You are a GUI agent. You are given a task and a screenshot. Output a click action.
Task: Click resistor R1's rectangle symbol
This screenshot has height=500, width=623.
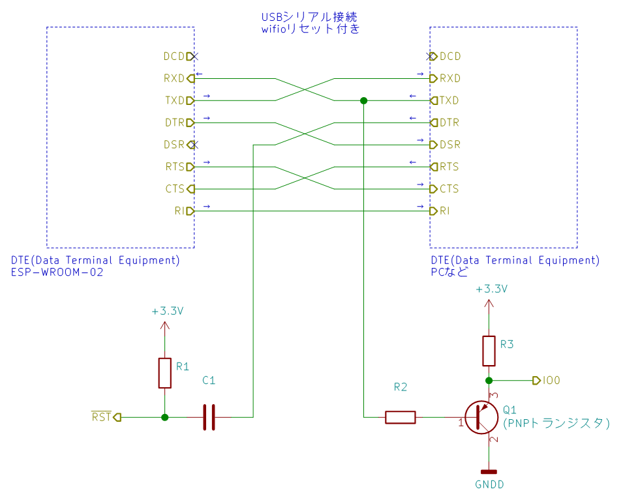pos(165,373)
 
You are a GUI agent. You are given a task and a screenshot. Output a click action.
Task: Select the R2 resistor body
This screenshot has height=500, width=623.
pos(400,417)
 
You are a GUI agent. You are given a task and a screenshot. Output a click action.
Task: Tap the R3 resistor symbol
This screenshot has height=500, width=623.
pos(489,351)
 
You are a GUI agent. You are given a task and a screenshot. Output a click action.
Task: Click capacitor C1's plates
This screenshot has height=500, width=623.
pos(209,417)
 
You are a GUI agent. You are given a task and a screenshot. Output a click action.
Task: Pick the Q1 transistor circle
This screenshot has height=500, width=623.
pos(481,417)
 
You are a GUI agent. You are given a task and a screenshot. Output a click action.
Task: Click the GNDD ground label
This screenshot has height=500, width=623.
pos(489,484)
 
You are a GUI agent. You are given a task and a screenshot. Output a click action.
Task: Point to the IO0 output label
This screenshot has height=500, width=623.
pos(551,381)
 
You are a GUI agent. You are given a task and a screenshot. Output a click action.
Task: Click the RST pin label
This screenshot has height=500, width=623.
pos(101,417)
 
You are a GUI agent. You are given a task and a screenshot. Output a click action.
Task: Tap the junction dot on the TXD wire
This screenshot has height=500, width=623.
pos(363,100)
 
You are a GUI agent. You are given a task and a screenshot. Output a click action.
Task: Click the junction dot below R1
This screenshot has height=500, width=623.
pos(165,417)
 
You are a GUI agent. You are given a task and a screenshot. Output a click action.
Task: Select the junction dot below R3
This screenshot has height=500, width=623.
pos(489,381)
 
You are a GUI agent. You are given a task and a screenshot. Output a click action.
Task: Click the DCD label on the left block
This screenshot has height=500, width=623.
pos(174,57)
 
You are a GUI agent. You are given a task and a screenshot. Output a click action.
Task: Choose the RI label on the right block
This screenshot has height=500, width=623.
pos(445,211)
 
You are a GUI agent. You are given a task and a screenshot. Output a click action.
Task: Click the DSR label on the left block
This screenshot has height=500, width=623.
pos(174,145)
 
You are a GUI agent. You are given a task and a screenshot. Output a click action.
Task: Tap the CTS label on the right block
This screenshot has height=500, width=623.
pos(449,188)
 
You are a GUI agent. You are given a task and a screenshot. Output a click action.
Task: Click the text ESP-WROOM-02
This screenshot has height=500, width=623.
pos(57,272)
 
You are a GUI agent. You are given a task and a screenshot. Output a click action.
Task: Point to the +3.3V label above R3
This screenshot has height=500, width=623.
pos(492,289)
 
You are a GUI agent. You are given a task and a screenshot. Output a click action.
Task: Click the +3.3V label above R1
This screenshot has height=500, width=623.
pos(168,311)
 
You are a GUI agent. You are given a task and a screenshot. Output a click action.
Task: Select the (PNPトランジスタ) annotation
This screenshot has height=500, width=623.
pos(556,423)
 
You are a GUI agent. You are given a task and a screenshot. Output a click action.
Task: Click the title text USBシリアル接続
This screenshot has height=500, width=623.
pos(309,17)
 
